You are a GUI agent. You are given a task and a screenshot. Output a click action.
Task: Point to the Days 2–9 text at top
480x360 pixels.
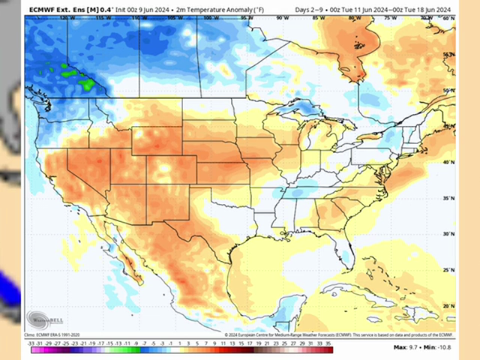pyautogui.click(x=308, y=9)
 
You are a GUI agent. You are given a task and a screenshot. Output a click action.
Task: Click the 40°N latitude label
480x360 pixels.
pyautogui.click(x=448, y=162)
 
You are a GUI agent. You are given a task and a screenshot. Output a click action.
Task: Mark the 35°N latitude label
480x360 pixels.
pyautogui.click(x=448, y=199)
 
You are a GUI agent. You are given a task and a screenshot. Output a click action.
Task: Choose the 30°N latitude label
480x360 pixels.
pyautogui.click(x=448, y=234)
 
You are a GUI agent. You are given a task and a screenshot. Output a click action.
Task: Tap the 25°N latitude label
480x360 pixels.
pyautogui.click(x=448, y=270)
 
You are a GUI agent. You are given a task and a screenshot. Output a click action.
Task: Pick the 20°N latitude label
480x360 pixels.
pyautogui.click(x=448, y=306)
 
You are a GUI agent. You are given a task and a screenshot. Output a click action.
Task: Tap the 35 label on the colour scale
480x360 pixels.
pyautogui.click(x=328, y=343)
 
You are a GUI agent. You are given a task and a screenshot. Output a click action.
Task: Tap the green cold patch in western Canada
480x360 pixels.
pyautogui.click(x=75, y=75)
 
